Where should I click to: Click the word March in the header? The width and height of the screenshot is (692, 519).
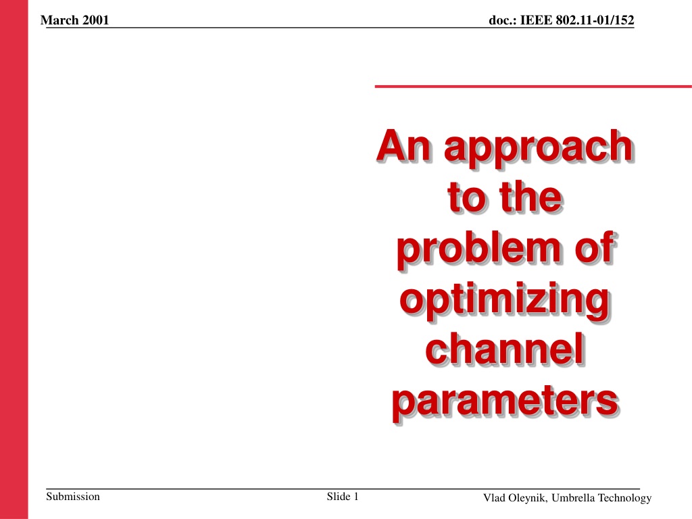[x=59, y=20]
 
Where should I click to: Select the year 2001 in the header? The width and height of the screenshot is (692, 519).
[x=95, y=20]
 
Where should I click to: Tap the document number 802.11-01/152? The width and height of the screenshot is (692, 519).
[x=595, y=20]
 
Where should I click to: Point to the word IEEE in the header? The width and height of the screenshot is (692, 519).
[x=536, y=20]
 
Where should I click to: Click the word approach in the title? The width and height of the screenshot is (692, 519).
[x=539, y=148]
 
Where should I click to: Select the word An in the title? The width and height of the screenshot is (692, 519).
[x=403, y=145]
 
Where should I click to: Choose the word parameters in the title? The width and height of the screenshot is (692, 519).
[x=505, y=403]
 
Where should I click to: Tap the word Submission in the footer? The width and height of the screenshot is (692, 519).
[x=73, y=497]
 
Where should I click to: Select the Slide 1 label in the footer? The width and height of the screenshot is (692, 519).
[x=343, y=497]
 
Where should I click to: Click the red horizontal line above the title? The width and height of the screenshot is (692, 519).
[x=533, y=86]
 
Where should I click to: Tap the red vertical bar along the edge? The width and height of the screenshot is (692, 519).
[x=14, y=259]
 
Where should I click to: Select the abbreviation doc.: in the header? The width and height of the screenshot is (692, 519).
[x=503, y=20]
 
